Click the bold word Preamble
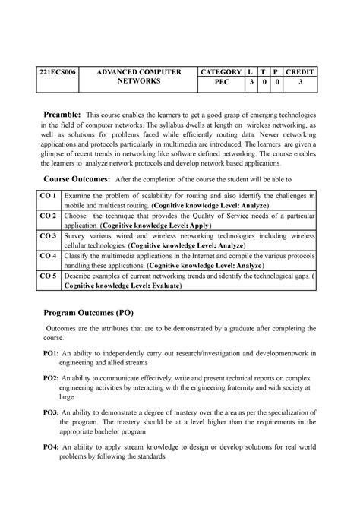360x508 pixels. [x=64, y=113]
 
